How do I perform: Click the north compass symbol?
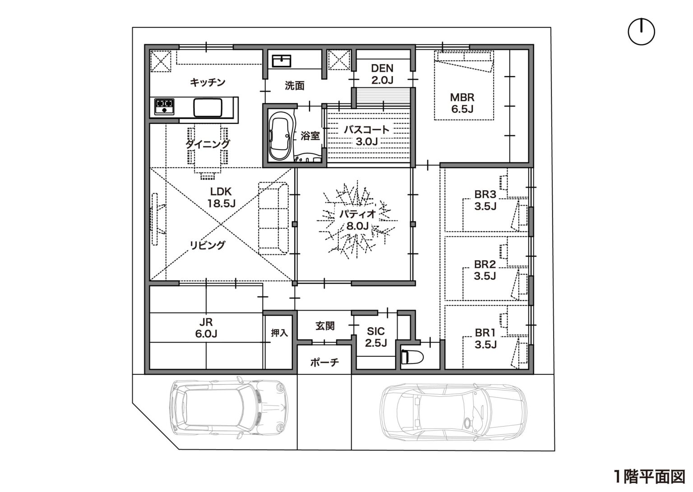[x=641, y=32]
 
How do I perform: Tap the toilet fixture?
[x=412, y=358]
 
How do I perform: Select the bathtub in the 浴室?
[x=281, y=136]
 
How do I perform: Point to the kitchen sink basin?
[x=208, y=107]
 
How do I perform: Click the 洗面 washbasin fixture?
[x=282, y=61]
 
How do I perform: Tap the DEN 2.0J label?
[x=383, y=74]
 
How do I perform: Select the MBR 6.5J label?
[x=462, y=103]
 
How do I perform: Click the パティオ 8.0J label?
[x=358, y=220]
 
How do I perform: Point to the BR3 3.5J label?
[x=485, y=200]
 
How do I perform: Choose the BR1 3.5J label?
[x=485, y=339]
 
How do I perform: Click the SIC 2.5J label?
[x=376, y=337]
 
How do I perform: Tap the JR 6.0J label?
[x=206, y=328]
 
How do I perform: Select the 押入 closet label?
[x=279, y=333]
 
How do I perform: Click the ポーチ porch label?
[x=324, y=362]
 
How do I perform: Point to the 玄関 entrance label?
[x=325, y=326]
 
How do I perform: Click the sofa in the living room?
[x=273, y=218]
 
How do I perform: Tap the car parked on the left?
[x=229, y=408]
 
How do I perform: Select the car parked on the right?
[x=453, y=413]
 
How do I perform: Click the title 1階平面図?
[x=650, y=477]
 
